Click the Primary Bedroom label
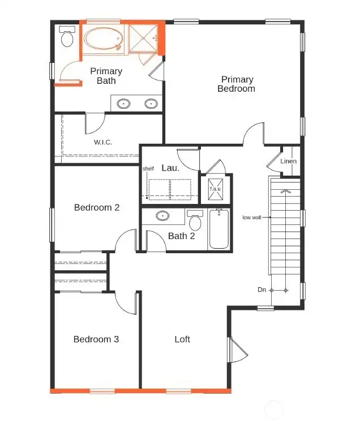(237, 84)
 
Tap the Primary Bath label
(106, 76)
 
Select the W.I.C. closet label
(103, 142)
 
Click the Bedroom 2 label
(97, 207)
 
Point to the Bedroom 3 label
(96, 339)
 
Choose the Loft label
(182, 339)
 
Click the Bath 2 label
(182, 236)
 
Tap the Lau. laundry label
(170, 168)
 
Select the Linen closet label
(288, 161)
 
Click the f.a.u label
(216, 189)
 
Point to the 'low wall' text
(252, 217)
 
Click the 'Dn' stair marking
(262, 290)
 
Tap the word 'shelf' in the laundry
(148, 168)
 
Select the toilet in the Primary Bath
(67, 37)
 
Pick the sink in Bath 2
(163, 216)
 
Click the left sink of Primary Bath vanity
(124, 104)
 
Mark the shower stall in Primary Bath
(144, 38)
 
